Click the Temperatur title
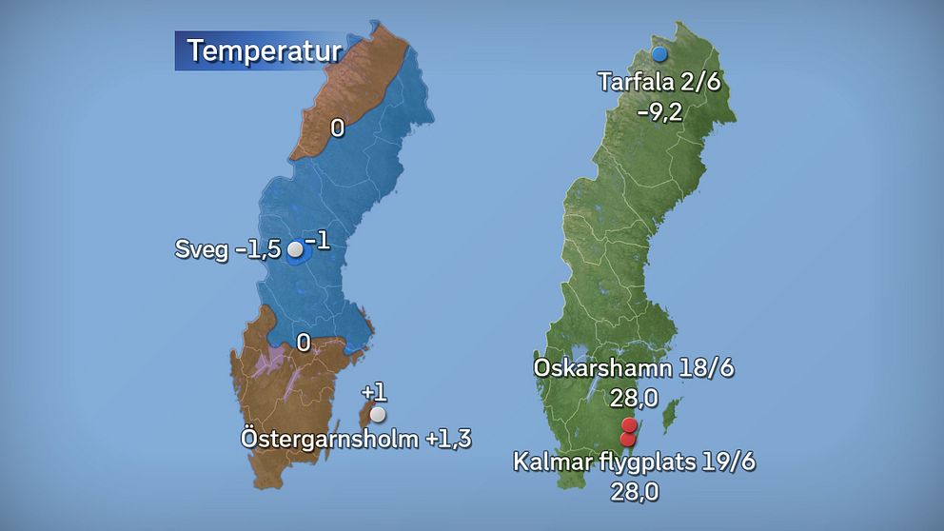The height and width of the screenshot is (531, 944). coord(264,50)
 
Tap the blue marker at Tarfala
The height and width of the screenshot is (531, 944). coord(659,55)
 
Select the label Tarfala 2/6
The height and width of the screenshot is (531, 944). coord(659,82)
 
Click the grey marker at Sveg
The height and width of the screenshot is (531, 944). coord(295,250)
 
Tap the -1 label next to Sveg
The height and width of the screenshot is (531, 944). coord(318,242)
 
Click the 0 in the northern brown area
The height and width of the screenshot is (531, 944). coord(337,128)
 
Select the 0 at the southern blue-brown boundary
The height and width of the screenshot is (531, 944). coord(303,343)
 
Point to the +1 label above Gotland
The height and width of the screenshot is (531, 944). coord(374,393)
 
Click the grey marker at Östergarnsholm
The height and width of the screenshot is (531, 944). coord(379,415)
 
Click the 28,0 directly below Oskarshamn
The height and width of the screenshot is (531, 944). coord(628,396)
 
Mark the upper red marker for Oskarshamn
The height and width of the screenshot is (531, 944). coord(628,425)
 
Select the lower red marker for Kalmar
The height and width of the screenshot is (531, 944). coord(627,439)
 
